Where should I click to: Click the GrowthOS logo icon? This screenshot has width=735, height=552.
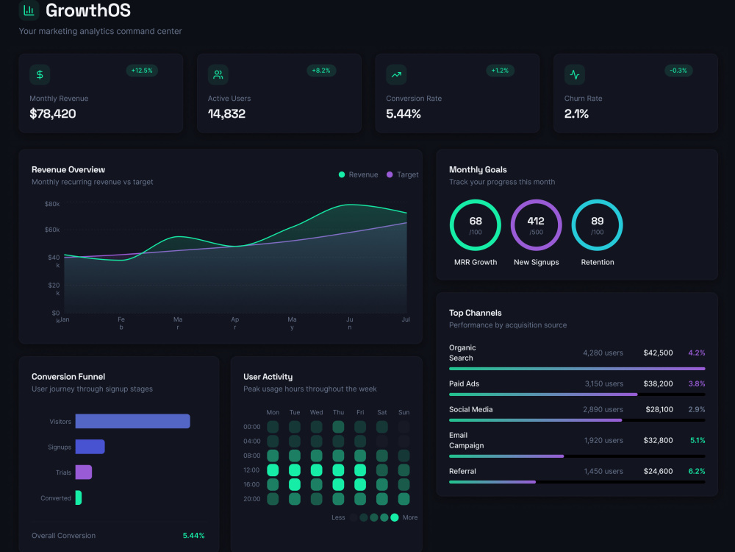pos(29,10)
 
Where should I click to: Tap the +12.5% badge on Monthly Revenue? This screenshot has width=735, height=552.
pos(142,71)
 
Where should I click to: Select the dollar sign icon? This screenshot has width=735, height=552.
pos(40,74)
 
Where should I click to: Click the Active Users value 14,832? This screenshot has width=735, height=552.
pos(226,113)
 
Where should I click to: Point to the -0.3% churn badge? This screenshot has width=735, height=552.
pos(678,71)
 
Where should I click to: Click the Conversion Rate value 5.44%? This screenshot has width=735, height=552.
pos(403,113)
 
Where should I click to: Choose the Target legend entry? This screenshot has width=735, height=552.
pos(402,174)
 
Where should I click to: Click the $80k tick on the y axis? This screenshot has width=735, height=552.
pos(52,204)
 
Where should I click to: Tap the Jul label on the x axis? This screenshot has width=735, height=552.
pos(406,319)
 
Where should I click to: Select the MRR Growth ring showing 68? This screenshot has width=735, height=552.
pos(476,201)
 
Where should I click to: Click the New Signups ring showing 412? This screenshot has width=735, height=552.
pos(537,201)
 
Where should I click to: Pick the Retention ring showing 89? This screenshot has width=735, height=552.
pos(597,201)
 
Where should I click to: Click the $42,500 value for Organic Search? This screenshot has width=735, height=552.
pos(658,353)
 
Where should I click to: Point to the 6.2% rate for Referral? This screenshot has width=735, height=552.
pos(697,471)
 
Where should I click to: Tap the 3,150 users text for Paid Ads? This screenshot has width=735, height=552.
pos(603,383)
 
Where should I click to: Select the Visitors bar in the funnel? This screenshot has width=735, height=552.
pos(132,421)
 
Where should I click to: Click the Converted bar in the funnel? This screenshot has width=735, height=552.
pos(79,498)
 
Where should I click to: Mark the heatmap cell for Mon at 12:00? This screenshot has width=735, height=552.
pos(273,470)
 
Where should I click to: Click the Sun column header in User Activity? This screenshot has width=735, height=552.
pos(404,412)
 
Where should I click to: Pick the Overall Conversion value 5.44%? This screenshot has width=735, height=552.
pos(193,536)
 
